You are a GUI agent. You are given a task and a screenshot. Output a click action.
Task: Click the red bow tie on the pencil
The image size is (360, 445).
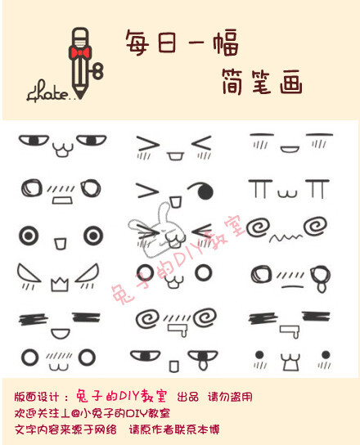click(x=79, y=52)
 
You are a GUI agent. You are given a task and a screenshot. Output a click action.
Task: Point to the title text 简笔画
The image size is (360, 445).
click(x=261, y=81)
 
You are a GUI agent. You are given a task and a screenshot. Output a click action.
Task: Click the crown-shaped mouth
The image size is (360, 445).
click(x=58, y=285)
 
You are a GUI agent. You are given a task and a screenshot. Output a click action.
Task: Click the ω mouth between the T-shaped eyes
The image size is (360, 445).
click(x=287, y=194)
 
